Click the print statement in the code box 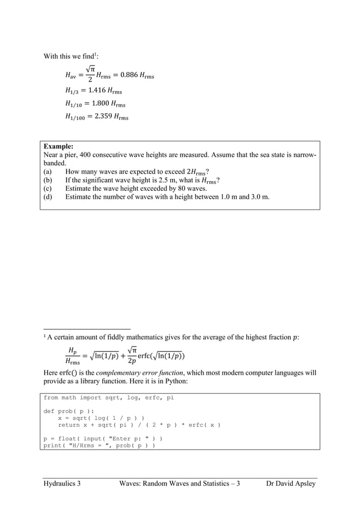pyautogui.click(x=99, y=445)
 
